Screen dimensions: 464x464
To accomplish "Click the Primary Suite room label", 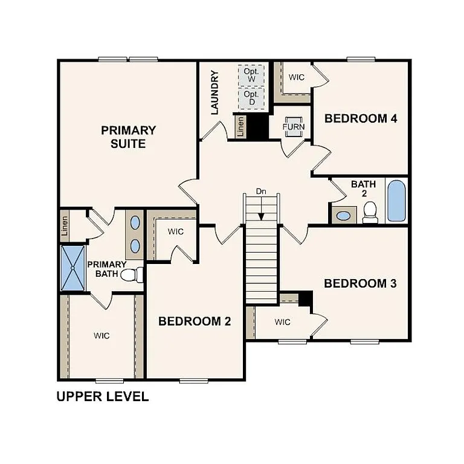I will (x=128, y=137).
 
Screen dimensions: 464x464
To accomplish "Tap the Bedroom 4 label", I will (x=361, y=118).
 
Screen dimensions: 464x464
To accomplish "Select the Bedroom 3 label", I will (x=360, y=283).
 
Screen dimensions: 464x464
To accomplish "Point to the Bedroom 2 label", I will (x=195, y=321).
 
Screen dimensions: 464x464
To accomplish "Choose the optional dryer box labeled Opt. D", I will (x=251, y=98).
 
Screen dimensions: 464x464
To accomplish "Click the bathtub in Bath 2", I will (x=396, y=201).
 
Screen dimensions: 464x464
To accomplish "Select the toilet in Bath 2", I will (x=370, y=212).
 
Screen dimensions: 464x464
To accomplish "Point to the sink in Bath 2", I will (x=344, y=215).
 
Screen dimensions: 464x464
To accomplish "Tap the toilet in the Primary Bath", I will (x=132, y=275).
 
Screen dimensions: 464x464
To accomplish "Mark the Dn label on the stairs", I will (x=261, y=192).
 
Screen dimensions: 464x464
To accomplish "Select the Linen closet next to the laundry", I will (x=240, y=127).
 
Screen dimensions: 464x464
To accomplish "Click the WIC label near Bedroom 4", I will (x=296, y=77).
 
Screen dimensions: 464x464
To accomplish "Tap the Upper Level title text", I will (x=102, y=397).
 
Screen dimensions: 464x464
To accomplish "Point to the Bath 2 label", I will (x=364, y=188).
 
